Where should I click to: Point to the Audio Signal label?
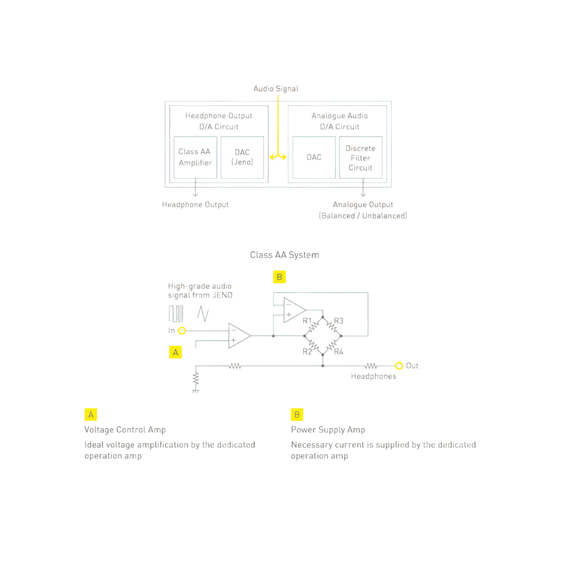[x=276, y=89]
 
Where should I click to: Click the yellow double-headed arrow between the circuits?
[x=278, y=157]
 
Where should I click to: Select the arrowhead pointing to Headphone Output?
[x=195, y=194]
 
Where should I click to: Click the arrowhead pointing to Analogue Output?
[x=363, y=194]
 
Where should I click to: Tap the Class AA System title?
[x=284, y=255]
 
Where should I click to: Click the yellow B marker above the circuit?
[x=279, y=277]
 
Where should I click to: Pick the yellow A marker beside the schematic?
[x=175, y=352]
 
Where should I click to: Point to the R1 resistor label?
[x=307, y=321]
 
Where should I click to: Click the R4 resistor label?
[x=338, y=352]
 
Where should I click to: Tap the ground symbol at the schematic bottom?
[x=196, y=391]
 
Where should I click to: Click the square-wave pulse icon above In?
[x=176, y=314]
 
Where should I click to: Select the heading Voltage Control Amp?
[x=125, y=430]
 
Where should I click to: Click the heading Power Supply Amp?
[x=328, y=430]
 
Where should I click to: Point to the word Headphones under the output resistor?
[x=373, y=376]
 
